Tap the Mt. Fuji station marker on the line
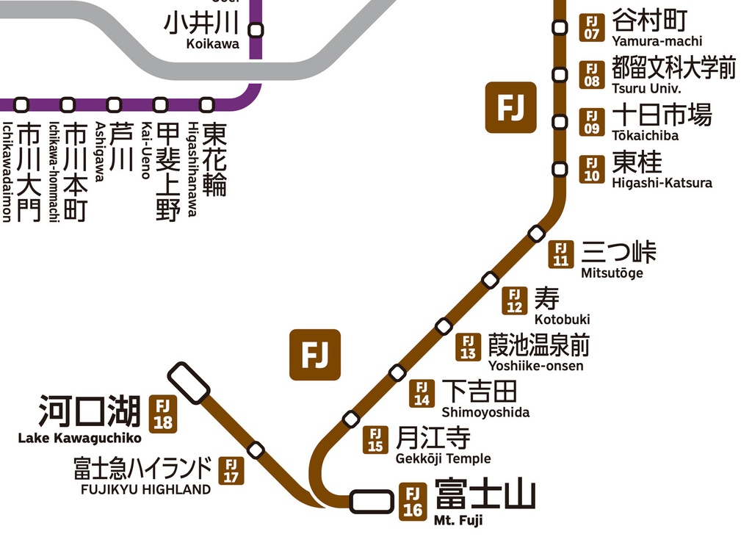(x=371, y=502)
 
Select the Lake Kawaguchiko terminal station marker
(x=189, y=383)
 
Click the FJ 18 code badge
(x=163, y=414)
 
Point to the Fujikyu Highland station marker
(x=256, y=449)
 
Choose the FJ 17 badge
(x=231, y=470)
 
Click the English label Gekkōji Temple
(x=443, y=459)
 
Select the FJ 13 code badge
(x=468, y=346)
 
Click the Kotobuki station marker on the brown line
(x=490, y=280)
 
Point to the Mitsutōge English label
(x=612, y=273)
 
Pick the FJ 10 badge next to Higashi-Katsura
(x=592, y=169)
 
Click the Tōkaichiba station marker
(x=560, y=122)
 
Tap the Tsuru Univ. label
(x=646, y=88)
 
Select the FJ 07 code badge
(x=592, y=27)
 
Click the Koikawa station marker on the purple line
(x=256, y=30)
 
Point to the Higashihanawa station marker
(x=207, y=105)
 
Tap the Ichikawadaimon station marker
(x=21, y=105)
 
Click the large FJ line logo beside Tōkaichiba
(x=510, y=108)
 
